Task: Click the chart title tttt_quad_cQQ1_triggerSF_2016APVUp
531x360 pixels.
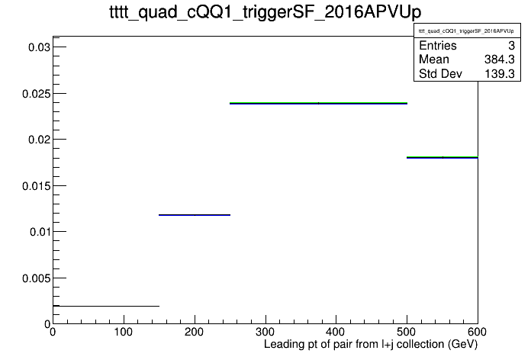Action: (265, 12)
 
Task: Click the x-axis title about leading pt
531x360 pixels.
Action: (371, 345)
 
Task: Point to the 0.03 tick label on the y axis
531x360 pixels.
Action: (39, 47)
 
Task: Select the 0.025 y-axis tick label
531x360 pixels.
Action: (36, 94)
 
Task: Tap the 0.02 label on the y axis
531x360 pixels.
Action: (39, 140)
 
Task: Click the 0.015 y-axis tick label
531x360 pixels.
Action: (36, 186)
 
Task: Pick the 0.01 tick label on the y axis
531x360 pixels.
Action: (40, 232)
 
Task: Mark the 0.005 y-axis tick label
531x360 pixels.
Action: (36, 278)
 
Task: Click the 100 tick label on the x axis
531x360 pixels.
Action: (124, 332)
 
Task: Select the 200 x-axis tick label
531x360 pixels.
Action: (194, 332)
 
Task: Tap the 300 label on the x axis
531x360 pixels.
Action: (265, 332)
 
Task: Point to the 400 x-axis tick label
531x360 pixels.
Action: (336, 332)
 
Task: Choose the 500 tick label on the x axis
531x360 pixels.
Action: (407, 332)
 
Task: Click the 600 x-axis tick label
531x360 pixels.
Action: (477, 332)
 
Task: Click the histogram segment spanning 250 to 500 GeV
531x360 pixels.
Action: (318, 103)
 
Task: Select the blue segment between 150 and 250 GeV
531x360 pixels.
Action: (195, 215)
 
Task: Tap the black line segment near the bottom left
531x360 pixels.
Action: (106, 306)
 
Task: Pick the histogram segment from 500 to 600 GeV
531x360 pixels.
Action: (443, 157)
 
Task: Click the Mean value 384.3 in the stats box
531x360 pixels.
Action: (500, 59)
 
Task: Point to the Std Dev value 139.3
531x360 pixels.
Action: (500, 74)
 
